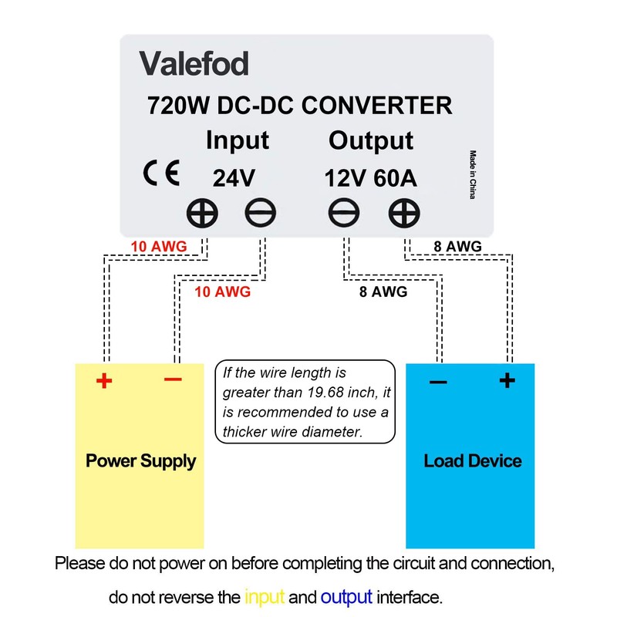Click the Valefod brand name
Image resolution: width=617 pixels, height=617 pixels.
point(194,63)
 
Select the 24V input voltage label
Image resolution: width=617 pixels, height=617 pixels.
point(234,178)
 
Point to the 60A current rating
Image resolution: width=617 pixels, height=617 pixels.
point(395,178)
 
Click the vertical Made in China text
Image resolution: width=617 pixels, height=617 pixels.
point(473,175)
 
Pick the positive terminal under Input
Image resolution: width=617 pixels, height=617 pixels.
point(203,213)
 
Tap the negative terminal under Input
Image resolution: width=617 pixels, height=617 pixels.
point(260,213)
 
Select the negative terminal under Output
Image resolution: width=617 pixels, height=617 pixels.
point(344,213)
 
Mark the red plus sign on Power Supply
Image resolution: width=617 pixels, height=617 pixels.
point(104,381)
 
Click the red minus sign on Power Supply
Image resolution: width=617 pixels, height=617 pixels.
point(174,379)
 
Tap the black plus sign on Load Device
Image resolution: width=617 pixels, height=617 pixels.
point(507,379)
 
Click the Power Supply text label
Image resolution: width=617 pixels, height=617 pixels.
point(140,461)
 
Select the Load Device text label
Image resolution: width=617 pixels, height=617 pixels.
point(472,461)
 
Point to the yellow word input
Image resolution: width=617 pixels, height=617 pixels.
point(265,597)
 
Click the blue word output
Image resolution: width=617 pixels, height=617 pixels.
point(346,597)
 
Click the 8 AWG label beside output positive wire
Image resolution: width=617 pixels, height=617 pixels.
point(458,247)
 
